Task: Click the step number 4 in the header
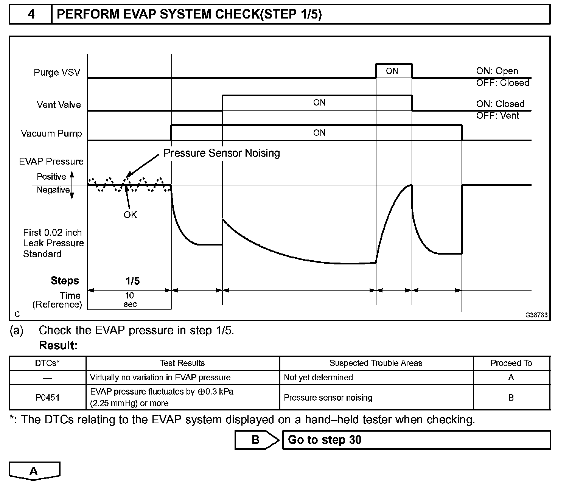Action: pyautogui.click(x=31, y=14)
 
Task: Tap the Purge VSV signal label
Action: pyautogui.click(x=57, y=72)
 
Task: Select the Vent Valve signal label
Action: pyautogui.click(x=59, y=104)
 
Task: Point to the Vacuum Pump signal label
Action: pyautogui.click(x=51, y=134)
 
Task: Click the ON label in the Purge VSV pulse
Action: pyautogui.click(x=392, y=71)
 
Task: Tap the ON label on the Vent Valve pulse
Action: pyautogui.click(x=319, y=103)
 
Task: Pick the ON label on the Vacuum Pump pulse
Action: pyautogui.click(x=319, y=133)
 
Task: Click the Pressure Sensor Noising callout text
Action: pyautogui.click(x=221, y=153)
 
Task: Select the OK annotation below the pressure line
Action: pyautogui.click(x=130, y=215)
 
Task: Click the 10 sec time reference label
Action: pyautogui.click(x=130, y=300)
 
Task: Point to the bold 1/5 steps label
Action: pyautogui.click(x=132, y=281)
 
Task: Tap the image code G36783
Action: pyautogui.click(x=536, y=315)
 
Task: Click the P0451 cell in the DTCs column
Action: pyautogui.click(x=48, y=398)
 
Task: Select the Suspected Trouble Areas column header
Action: pyautogui.click(x=376, y=363)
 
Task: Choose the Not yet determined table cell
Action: pyautogui.click(x=318, y=378)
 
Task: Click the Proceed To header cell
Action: pyautogui.click(x=511, y=363)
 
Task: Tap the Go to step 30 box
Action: pyautogui.click(x=416, y=440)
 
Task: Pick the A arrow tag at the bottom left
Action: pyautogui.click(x=34, y=471)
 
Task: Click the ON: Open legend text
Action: pyautogui.click(x=497, y=71)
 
